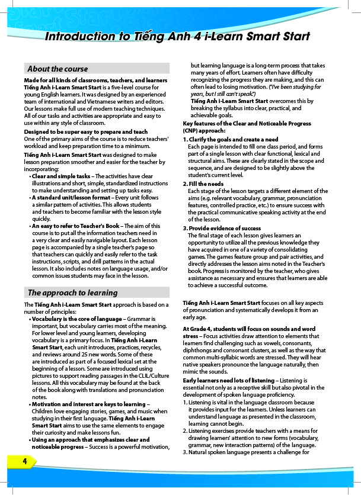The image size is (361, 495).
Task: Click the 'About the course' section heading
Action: click(57, 69)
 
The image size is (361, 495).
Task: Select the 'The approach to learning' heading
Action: click(72, 292)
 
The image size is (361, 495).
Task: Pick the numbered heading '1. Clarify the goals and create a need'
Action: click(230, 139)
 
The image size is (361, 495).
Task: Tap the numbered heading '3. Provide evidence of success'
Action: click(222, 229)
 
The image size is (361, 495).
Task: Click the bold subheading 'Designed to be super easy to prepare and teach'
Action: click(86, 131)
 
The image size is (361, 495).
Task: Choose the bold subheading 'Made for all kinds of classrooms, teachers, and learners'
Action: click(95, 80)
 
